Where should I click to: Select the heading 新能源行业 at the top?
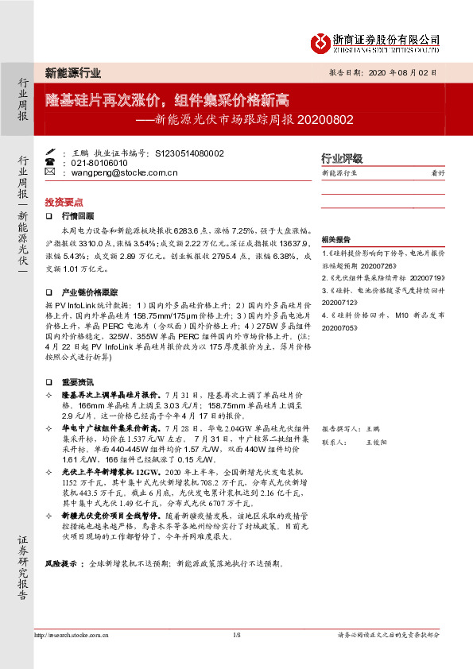(72, 73)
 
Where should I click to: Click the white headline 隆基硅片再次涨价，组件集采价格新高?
(166, 100)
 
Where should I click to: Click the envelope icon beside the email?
(50, 172)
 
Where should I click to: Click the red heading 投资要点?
(64, 202)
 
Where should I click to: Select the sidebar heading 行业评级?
(341, 157)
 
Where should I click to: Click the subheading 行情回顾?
(78, 215)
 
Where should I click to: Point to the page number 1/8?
(236, 635)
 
